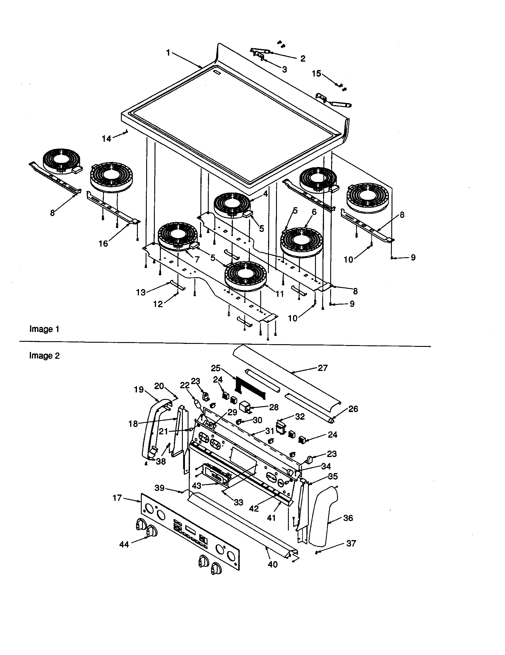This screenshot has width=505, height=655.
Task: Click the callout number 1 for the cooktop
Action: click(168, 53)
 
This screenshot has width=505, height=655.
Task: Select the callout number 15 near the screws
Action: click(317, 74)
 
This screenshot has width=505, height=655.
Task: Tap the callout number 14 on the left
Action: click(107, 138)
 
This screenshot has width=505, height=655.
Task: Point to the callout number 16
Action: click(103, 244)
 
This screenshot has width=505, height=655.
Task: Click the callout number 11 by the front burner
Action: click(280, 294)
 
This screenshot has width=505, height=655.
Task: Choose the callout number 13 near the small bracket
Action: click(141, 292)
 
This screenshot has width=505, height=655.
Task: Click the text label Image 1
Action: click(44, 329)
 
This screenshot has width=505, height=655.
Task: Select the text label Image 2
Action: click(44, 356)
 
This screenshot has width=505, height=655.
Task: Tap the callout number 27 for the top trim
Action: click(323, 368)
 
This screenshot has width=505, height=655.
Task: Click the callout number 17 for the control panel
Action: click(117, 498)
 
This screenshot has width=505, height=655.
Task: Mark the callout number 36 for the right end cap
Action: click(348, 518)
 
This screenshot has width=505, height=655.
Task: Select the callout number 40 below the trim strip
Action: click(272, 564)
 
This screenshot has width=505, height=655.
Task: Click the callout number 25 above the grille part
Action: click(216, 368)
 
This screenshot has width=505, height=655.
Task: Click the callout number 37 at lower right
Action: click(351, 543)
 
